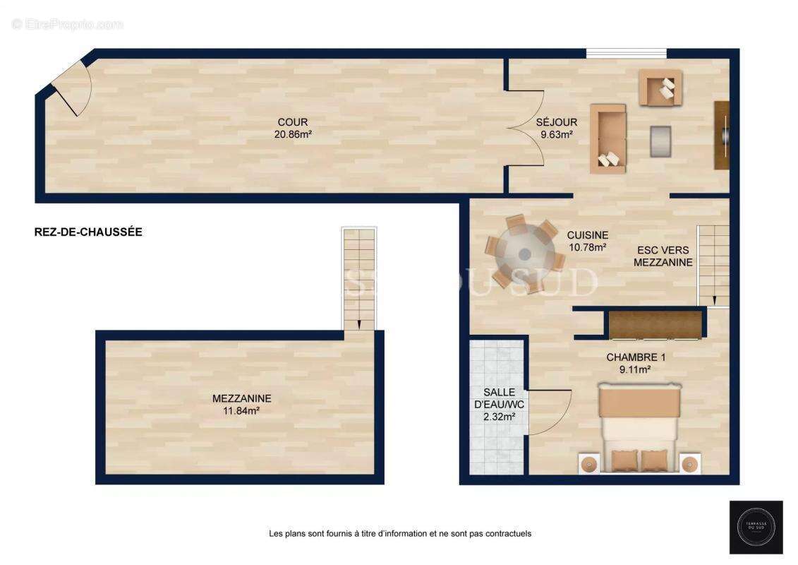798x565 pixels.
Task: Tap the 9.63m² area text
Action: tap(556, 133)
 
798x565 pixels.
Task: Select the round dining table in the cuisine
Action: tap(524, 254)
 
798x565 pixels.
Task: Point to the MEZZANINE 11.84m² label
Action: tap(241, 404)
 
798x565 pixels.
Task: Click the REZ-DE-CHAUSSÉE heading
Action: tap(88, 232)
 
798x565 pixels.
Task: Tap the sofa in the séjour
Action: tap(608, 138)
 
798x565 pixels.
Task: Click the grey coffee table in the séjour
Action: tap(660, 141)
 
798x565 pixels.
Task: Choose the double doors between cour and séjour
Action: tap(526, 129)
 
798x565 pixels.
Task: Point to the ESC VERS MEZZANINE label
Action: tap(663, 256)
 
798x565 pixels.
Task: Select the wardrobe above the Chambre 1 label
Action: tap(656, 324)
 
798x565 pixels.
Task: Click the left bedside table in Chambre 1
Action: tap(588, 464)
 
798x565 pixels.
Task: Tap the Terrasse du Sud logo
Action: tap(756, 527)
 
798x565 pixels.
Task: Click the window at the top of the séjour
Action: tap(627, 53)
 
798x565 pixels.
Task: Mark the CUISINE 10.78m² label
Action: tap(588, 241)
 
